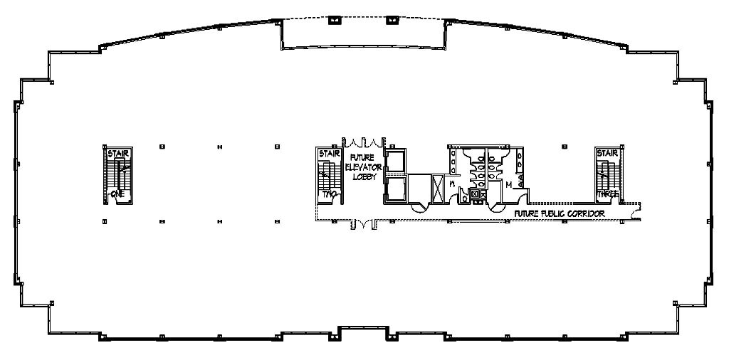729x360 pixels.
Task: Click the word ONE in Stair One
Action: click(x=118, y=194)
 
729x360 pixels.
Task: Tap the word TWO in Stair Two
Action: click(x=329, y=194)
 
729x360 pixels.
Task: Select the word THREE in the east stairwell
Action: click(x=607, y=194)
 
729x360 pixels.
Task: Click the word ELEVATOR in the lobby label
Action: click(x=360, y=167)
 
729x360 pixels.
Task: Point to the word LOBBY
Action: click(x=360, y=176)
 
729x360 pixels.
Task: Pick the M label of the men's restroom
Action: click(x=508, y=184)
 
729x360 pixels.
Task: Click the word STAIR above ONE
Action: click(x=118, y=152)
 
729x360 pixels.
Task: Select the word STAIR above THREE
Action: click(x=607, y=152)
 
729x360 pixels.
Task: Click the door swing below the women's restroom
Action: click(x=418, y=206)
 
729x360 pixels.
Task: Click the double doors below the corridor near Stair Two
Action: click(x=362, y=225)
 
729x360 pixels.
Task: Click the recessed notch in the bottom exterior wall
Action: click(x=363, y=332)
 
